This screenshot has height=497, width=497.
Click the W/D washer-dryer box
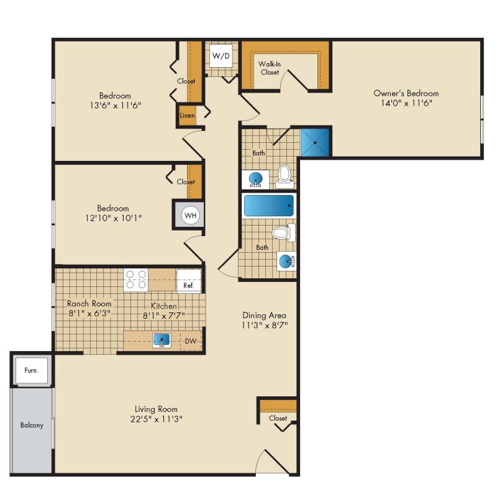221,56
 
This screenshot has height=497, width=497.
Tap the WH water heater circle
191,216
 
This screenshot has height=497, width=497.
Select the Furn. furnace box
32,370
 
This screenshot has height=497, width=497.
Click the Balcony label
32,425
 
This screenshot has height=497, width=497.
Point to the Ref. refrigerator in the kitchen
189,281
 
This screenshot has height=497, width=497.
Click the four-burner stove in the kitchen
135,280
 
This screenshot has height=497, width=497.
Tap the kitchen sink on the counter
162,340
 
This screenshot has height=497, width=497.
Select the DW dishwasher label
191,341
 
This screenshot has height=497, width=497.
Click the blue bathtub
269,206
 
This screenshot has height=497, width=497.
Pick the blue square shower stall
315,143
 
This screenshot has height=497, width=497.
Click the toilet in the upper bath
284,177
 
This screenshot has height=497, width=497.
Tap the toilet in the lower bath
284,233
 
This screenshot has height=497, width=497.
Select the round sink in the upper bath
255,180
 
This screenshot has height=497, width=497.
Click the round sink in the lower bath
287,262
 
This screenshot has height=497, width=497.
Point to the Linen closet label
188,116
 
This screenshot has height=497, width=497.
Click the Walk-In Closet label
270,68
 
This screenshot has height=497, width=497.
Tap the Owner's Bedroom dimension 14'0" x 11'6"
406,103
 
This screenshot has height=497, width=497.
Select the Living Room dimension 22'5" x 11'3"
157,419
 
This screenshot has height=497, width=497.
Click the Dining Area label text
265,316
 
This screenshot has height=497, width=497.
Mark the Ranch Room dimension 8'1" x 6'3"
89,314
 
